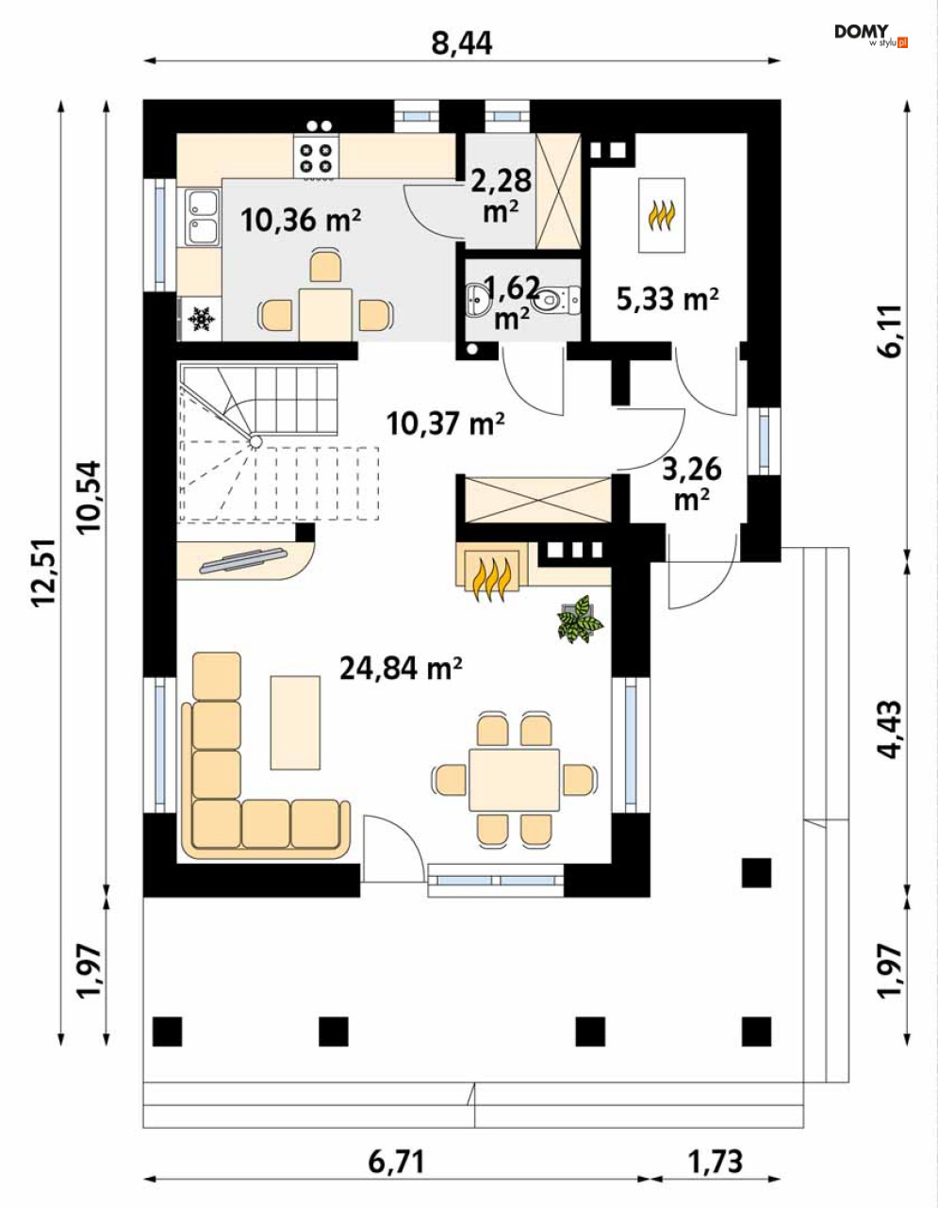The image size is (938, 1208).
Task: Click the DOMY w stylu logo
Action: click(x=871, y=36)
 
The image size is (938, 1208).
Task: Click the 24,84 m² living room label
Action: click(x=402, y=669)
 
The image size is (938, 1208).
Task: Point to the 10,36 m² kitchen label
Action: click(x=301, y=220)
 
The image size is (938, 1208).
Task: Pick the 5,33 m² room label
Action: click(x=667, y=299)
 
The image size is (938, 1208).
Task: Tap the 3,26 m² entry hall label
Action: click(x=692, y=484)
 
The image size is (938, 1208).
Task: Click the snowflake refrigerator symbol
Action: click(x=200, y=320)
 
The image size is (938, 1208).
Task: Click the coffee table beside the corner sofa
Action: click(x=295, y=722)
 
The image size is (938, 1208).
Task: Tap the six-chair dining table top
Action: click(x=514, y=779)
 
